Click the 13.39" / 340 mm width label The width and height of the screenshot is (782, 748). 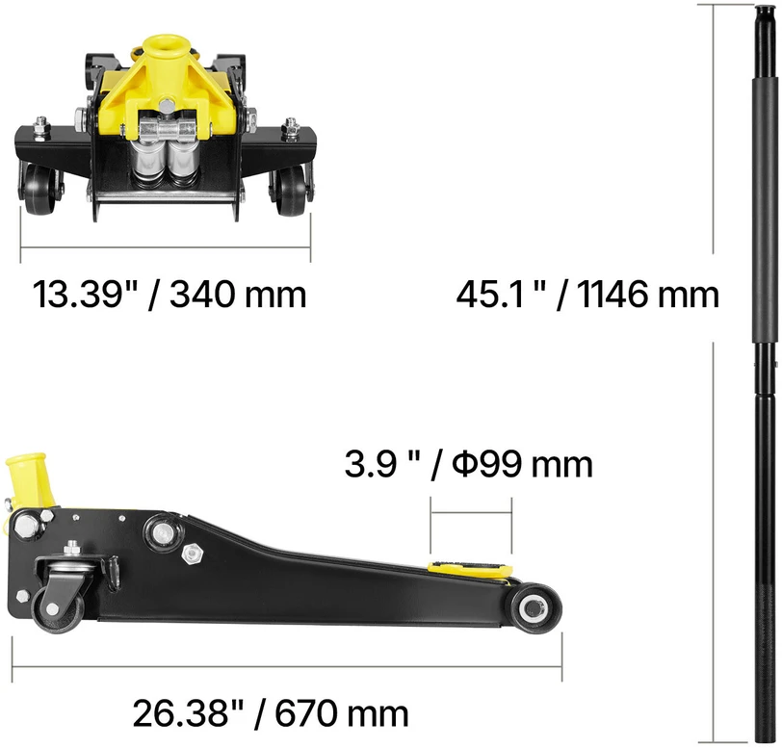coord(169,295)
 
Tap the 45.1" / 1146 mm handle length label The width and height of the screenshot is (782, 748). coord(587,295)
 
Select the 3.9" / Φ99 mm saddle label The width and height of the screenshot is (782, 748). coord(469,465)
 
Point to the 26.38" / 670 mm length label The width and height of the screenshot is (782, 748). coord(271,713)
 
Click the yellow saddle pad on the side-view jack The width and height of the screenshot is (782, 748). coord(470,566)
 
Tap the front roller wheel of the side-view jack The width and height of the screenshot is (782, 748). coord(533,608)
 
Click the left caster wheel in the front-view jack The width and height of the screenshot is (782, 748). coord(39,190)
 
